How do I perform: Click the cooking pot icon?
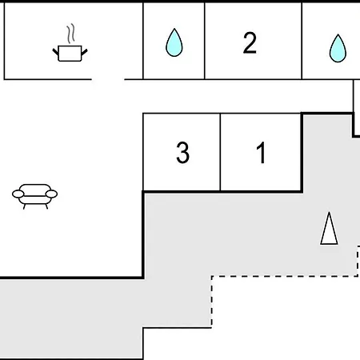(70, 54)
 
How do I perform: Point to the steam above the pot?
(70, 34)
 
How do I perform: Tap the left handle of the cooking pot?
(55, 52)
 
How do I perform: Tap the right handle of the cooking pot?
(84, 52)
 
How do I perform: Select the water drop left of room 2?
(174, 42)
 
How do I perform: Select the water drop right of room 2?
(338, 48)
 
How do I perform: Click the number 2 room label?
(250, 42)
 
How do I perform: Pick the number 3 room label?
(183, 152)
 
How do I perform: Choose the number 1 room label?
(261, 152)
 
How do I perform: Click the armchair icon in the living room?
(35, 196)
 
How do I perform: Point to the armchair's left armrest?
(18, 194)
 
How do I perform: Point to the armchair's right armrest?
(51, 194)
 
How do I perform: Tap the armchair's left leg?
(24, 206)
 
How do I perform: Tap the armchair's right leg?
(46, 206)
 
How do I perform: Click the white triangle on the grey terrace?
(329, 228)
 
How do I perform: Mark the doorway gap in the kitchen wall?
(108, 79)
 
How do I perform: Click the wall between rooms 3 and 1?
(220, 152)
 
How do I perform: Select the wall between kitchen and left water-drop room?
(143, 41)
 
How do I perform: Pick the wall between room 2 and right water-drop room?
(302, 41)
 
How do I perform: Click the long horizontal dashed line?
(285, 276)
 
